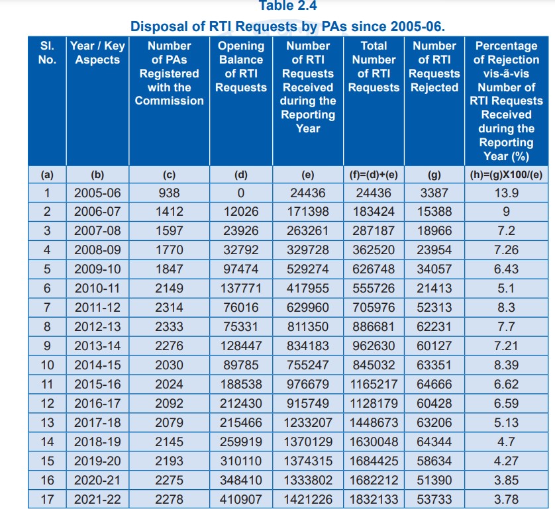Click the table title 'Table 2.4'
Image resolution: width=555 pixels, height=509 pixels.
[287, 6]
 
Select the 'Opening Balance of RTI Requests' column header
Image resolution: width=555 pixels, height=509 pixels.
[241, 66]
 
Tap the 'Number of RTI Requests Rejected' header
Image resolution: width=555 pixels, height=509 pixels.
[434, 66]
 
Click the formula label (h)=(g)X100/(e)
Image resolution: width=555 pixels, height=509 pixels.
[506, 175]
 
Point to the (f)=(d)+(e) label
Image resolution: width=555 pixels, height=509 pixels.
[374, 175]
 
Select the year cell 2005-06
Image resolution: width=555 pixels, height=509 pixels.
[97, 193]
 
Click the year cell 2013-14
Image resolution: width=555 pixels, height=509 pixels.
[97, 346]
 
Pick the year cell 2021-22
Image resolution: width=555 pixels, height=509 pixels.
[97, 500]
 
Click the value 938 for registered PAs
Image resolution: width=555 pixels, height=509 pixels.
[169, 193]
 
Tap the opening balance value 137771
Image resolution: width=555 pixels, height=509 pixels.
[241, 289]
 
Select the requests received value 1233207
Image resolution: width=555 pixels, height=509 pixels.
[308, 423]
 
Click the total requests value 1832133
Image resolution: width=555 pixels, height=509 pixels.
[374, 500]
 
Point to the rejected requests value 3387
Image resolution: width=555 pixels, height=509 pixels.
[434, 193]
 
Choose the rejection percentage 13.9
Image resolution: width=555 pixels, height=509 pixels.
[506, 193]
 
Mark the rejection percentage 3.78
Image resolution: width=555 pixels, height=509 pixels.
[506, 500]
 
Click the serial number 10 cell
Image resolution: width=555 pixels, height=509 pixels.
[47, 365]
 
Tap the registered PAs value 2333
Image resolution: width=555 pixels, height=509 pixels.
[169, 327]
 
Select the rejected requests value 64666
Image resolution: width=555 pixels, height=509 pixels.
[434, 385]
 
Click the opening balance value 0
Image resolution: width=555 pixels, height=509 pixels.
[241, 193]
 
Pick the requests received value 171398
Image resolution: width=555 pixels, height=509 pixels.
[308, 212]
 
